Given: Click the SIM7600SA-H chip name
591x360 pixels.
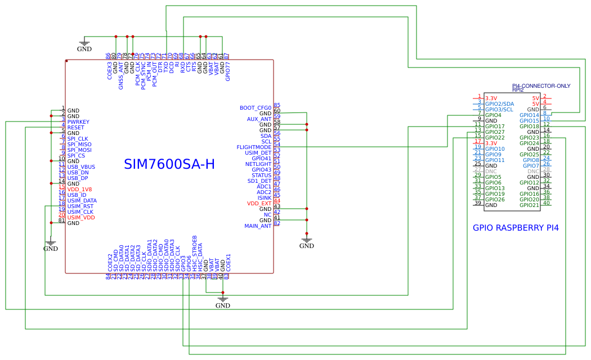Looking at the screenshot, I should pos(169,164).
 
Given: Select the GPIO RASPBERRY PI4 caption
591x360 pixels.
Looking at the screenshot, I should pos(516,228).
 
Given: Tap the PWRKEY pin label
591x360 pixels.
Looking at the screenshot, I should pos(78,122).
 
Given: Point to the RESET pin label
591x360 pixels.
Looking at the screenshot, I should pos(76,128).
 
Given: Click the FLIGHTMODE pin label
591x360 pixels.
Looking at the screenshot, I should pos(254,147).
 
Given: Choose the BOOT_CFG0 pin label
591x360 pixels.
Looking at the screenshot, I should pos(255,108).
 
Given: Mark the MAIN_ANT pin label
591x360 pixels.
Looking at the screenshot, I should pos(258,226).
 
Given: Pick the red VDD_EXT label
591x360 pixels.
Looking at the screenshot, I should pos(259,204).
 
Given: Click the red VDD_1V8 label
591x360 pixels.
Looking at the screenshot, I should pos(79,190).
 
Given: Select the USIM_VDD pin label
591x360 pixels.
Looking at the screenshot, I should pos(81,218).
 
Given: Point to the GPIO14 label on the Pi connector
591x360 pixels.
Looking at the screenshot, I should pos(529,115).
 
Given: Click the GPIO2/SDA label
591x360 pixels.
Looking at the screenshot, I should pos(499,104).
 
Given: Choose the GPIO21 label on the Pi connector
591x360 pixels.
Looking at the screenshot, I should pos(529,205).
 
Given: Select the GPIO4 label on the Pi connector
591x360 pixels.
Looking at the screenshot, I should pos(493,115).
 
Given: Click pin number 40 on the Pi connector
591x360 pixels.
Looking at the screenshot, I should pos(547,203).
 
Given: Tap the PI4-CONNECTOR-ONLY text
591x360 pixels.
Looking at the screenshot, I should pos(541,86).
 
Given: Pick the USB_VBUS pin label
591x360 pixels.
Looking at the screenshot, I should pos(81,167).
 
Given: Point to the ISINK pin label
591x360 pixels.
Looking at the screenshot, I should pos(264,198).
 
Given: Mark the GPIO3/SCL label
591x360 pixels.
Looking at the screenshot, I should pos(499,110).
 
